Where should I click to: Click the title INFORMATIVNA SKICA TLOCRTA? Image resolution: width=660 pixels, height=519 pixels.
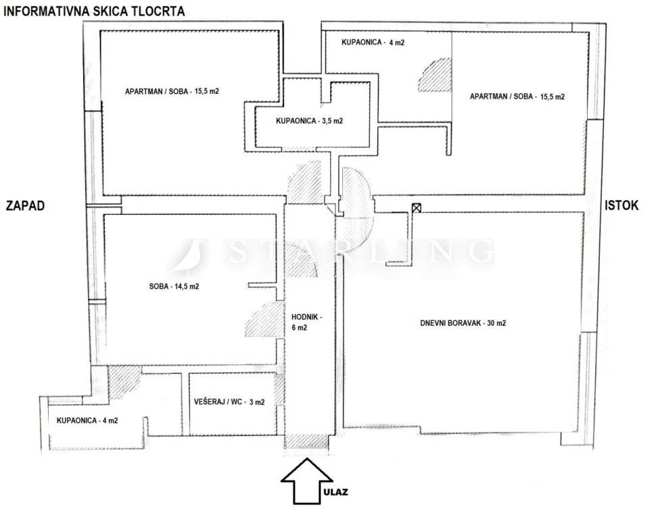tap(94, 11)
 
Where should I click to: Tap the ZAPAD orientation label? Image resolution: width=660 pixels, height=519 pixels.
tap(25, 205)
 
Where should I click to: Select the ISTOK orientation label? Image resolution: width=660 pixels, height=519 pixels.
tap(621, 205)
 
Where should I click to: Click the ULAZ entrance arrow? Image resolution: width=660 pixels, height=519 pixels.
tap(307, 480)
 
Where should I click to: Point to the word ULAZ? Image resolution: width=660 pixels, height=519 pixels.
tap(336, 492)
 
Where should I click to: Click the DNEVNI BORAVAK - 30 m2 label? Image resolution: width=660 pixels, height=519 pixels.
tap(463, 323)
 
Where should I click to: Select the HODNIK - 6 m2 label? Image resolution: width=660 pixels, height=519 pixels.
tap(306, 322)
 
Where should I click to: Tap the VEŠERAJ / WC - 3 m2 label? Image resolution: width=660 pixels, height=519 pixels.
tap(229, 401)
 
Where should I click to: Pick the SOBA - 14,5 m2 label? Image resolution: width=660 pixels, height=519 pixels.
tap(174, 287)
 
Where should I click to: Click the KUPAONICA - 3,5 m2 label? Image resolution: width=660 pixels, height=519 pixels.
tap(310, 121)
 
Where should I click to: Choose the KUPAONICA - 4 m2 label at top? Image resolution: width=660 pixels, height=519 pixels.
tap(373, 42)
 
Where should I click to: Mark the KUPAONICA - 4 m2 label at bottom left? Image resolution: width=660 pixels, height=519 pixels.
tap(87, 420)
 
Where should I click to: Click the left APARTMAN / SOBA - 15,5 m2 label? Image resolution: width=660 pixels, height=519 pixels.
tap(172, 91)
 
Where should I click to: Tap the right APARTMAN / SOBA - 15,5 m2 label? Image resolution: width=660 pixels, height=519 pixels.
tap(517, 97)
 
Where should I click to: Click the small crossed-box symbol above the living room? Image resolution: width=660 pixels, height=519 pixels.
tap(417, 207)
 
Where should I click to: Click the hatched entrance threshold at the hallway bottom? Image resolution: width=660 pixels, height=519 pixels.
tap(307, 441)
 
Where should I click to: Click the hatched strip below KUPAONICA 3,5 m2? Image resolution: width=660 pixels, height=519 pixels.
tap(299, 149)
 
